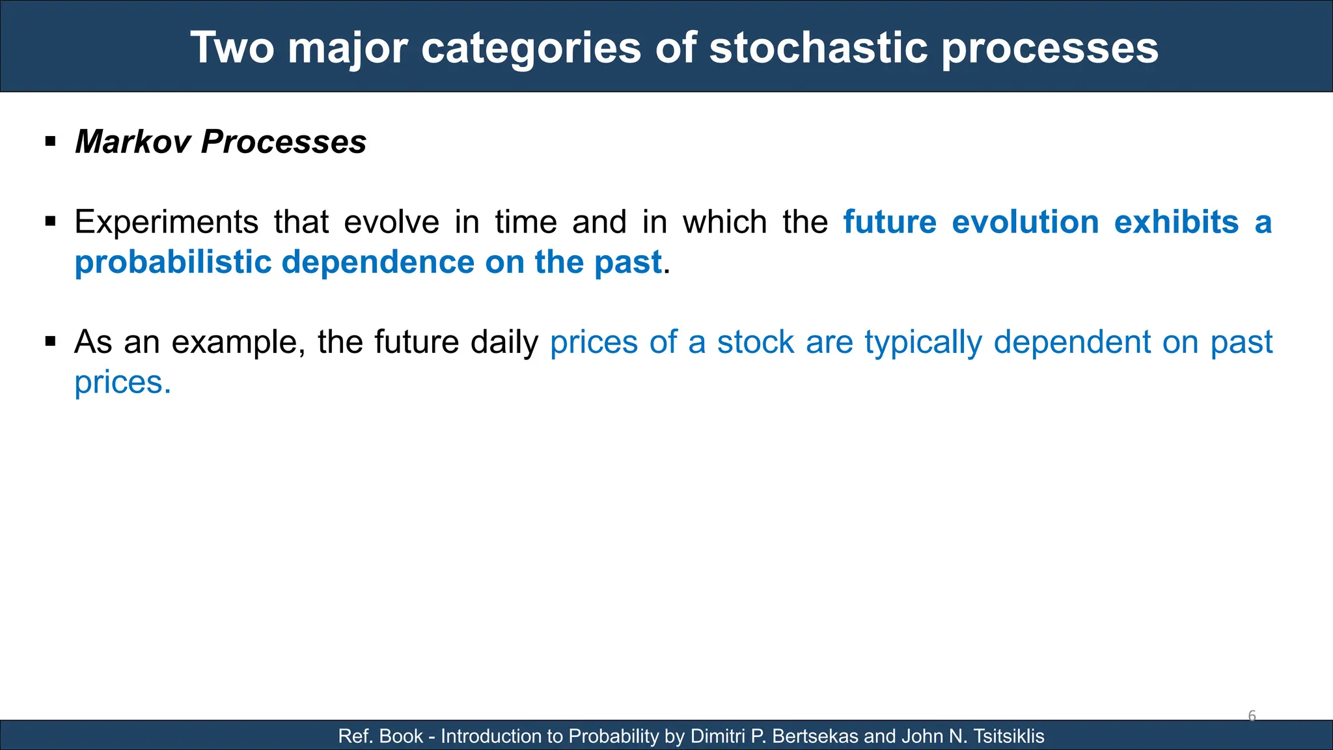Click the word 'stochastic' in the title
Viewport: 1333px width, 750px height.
(x=818, y=48)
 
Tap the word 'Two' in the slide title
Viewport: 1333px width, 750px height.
(x=232, y=48)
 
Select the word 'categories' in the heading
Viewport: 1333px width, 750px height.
(x=530, y=48)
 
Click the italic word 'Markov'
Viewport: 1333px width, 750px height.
(x=132, y=142)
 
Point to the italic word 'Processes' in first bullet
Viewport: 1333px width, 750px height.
(x=284, y=142)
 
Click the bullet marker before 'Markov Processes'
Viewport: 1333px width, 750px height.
(x=51, y=141)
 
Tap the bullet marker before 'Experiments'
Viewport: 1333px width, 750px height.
(x=51, y=221)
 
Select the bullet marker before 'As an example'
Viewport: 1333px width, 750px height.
(x=51, y=341)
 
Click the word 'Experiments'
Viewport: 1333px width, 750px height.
(x=167, y=223)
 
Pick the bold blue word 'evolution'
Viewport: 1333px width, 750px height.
(x=1025, y=223)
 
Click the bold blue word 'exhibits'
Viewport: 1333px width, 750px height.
(x=1176, y=223)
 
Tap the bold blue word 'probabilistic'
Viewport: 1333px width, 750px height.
(x=173, y=263)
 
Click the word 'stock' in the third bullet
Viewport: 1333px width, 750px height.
(x=756, y=342)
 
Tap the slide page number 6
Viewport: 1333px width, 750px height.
(x=1252, y=716)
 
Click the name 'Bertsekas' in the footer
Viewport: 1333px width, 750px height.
(x=815, y=736)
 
